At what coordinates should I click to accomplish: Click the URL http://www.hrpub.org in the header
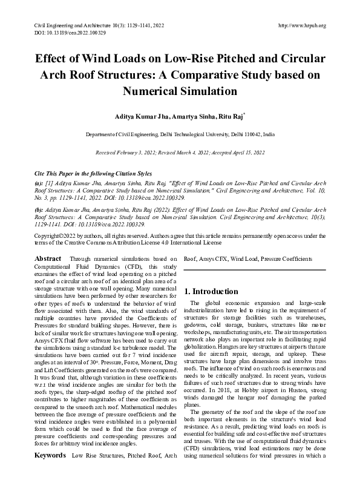(x=302, y=25)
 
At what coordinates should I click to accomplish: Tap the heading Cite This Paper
(x=56, y=173)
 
